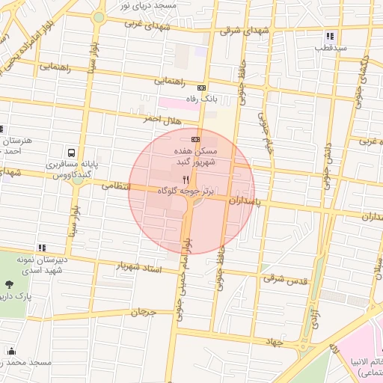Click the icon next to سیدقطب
coord(330,36)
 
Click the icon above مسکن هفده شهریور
coord(196,139)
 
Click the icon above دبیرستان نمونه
coord(42,247)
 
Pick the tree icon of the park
coord(8,284)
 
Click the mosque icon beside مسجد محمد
coord(10,351)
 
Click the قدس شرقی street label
coord(285,278)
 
